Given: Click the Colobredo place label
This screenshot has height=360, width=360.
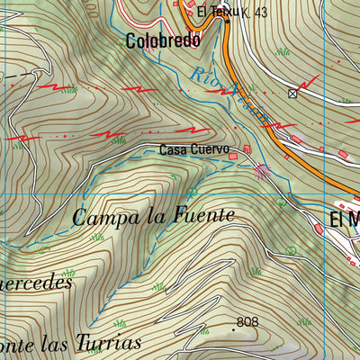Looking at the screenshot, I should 161,40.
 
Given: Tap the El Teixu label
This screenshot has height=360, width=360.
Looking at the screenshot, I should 215,12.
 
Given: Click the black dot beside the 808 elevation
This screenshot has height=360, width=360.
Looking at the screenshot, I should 234,330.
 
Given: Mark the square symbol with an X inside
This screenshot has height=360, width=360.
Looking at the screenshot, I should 292,93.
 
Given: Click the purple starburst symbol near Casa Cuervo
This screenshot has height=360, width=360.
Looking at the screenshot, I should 262,168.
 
